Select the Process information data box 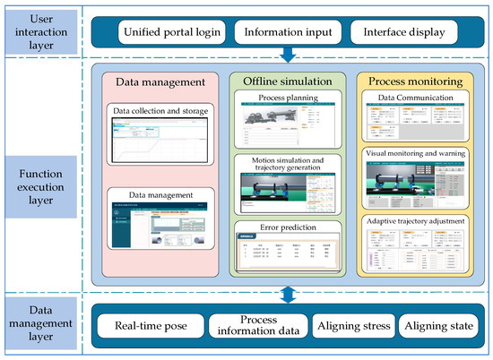257,328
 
